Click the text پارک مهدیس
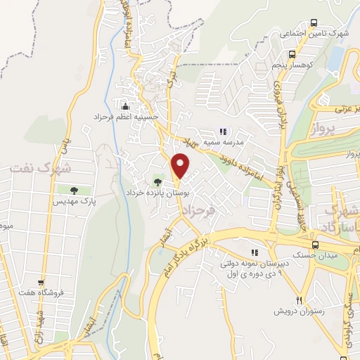click(x=73, y=201)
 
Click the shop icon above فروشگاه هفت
click(x=41, y=281)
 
